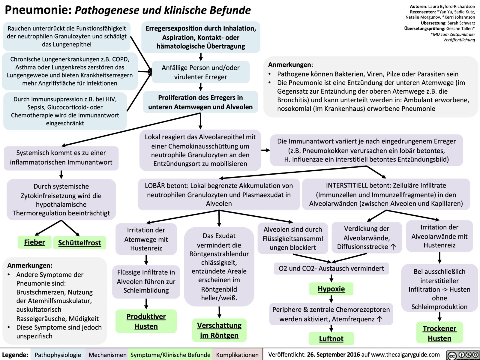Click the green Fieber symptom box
pos(34,242)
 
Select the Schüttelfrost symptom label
pos(79,243)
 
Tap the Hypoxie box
pos(331,289)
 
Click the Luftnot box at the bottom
pos(331,339)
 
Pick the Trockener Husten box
pos(439,333)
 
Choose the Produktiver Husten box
pos(146,321)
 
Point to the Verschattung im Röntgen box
pos(219,330)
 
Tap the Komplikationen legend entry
pos(237,355)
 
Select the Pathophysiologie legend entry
pos(58,355)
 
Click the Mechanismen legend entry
pos(107,355)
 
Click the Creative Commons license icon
pos(463,355)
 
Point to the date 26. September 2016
pos(333,355)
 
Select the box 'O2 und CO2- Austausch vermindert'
pos(331,268)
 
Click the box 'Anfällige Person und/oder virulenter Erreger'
pos(201,72)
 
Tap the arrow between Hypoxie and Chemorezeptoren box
pos(331,299)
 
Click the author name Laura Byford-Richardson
pos(451,6)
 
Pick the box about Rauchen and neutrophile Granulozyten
pos(67,36)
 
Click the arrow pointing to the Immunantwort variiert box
pos(265,150)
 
